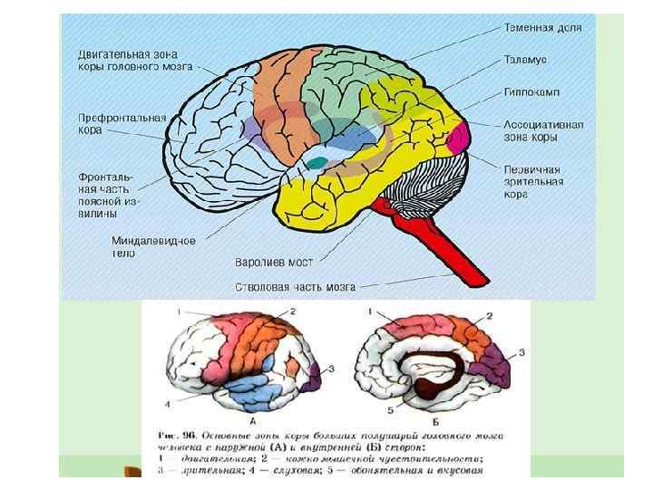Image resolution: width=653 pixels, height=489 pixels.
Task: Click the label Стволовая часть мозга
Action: pyautogui.click(x=295, y=287)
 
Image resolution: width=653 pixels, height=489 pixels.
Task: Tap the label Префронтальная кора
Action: pyautogui.click(x=122, y=124)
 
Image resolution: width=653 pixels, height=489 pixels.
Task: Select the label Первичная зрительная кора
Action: pyautogui.click(x=533, y=180)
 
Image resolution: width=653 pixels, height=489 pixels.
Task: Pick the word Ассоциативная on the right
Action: pyautogui.click(x=543, y=124)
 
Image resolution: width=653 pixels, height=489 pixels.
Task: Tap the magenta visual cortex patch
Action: pyautogui.click(x=460, y=135)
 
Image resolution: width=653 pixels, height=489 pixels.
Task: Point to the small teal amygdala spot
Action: pyautogui.click(x=317, y=163)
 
